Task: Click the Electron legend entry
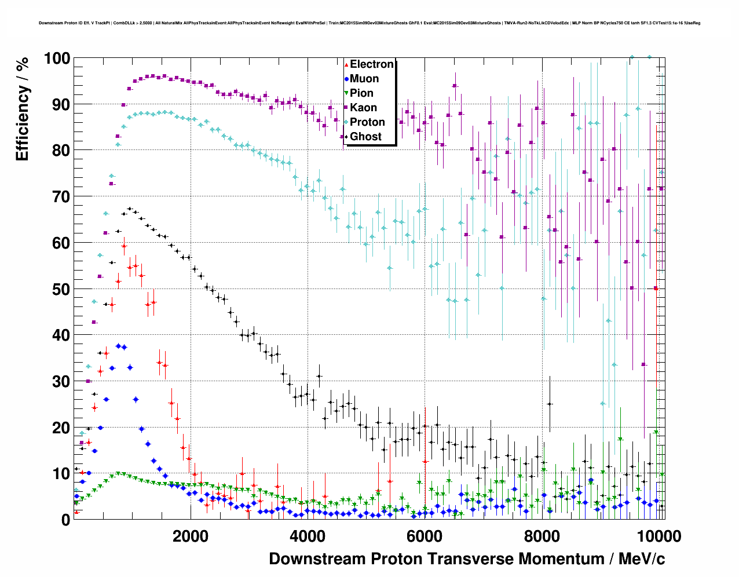coord(371,64)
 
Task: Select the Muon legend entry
coord(364,79)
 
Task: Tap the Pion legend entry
coord(361,93)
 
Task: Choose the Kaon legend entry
coord(363,108)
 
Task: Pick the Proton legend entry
coord(367,122)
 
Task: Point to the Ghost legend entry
coord(365,137)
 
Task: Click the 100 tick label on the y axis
coord(57,59)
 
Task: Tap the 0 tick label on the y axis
coord(65,520)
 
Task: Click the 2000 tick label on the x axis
coord(191,536)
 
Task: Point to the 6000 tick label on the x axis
coord(425,536)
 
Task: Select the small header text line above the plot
coord(370,23)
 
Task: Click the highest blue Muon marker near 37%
coord(118,346)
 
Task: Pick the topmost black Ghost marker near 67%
coord(130,209)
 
